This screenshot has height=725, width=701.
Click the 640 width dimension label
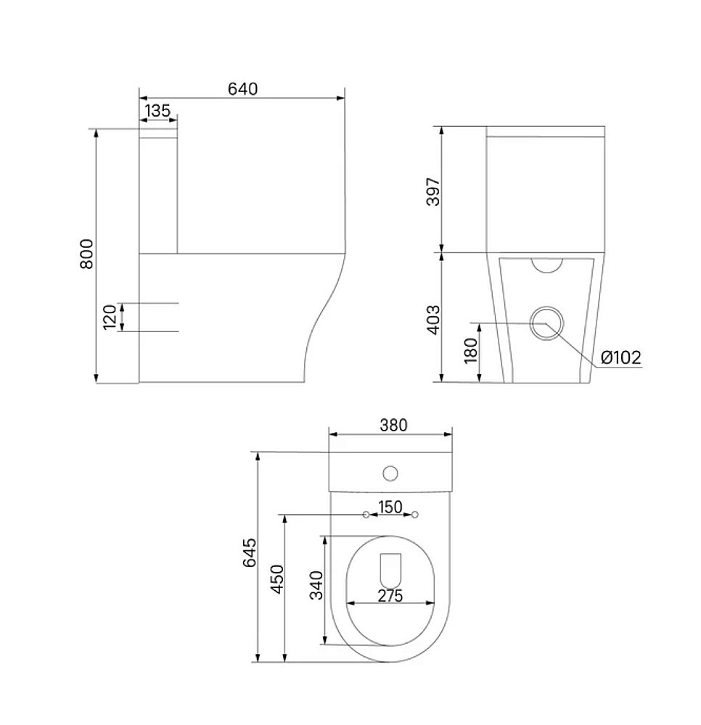click(x=242, y=88)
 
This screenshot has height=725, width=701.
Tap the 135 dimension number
click(x=157, y=111)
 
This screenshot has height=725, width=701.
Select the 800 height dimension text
click(x=86, y=254)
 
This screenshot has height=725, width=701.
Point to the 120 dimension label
click(x=110, y=318)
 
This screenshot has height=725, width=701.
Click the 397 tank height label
click(x=433, y=191)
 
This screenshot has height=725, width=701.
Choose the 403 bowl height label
click(x=433, y=320)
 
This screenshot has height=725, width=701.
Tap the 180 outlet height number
click(x=470, y=351)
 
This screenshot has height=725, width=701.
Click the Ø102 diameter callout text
click(x=621, y=357)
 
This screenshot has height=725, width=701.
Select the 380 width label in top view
click(x=393, y=425)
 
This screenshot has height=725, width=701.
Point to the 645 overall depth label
click(x=250, y=552)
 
